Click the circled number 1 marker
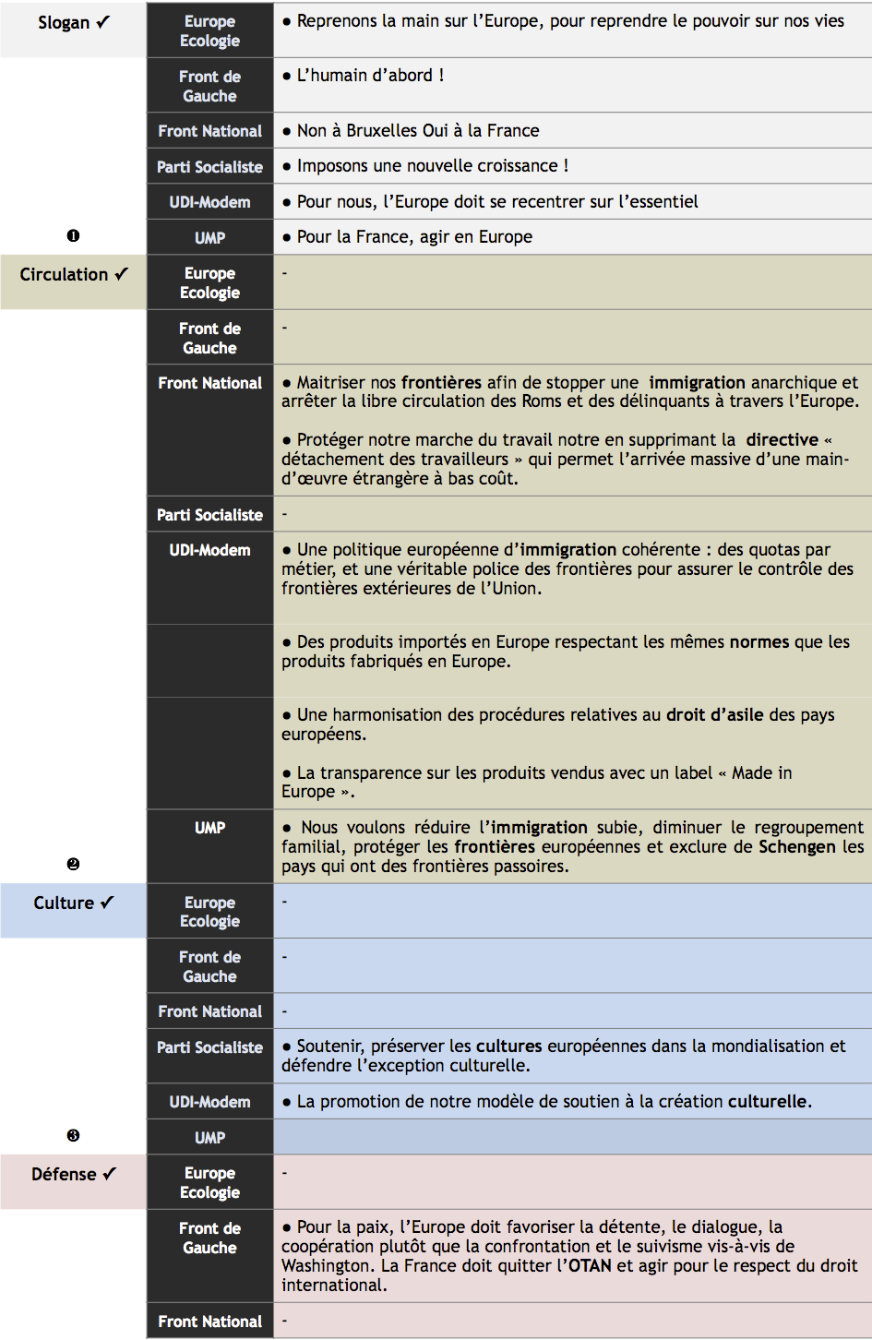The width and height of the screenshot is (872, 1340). pos(73,236)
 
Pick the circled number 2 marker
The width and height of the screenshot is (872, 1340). pos(73,865)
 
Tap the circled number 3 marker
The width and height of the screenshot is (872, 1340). pos(73,1136)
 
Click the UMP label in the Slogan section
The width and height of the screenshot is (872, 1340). pos(209,238)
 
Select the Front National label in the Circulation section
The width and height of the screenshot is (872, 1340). pos(209,383)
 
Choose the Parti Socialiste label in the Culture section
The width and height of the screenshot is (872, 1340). pos(209,1047)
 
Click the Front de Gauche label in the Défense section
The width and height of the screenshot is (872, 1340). pos(209,1238)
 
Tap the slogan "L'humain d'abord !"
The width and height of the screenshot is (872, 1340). pos(370,76)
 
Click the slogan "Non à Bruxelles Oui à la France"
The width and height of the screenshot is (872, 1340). pos(417,131)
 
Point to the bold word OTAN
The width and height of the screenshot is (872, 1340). pos(590,1266)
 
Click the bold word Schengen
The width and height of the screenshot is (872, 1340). pos(796,847)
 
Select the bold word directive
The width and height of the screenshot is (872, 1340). pos(782,440)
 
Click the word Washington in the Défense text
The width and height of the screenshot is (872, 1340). pos(328,1266)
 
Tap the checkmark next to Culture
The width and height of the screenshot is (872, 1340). pos(107,903)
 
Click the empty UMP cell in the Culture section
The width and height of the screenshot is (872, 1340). pos(572,1137)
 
